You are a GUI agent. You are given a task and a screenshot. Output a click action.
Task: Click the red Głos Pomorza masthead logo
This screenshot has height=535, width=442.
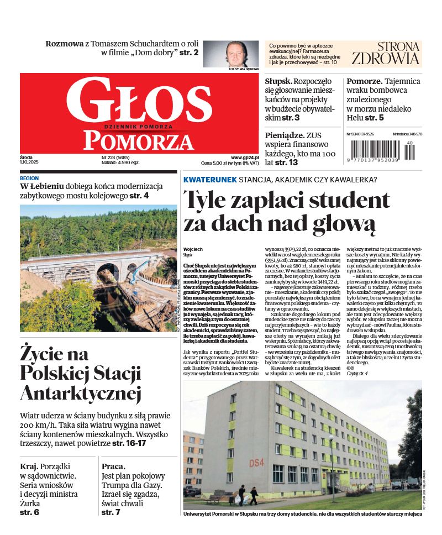coord(139,113)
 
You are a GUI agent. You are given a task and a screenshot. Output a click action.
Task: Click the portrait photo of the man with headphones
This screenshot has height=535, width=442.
coord(242,53)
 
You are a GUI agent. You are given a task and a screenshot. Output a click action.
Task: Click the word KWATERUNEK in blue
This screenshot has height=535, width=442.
coord(210,180)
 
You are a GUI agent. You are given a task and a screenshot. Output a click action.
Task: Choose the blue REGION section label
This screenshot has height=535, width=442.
coord(29,179)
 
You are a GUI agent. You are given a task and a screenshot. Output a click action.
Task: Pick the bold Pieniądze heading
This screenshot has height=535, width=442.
coord(284,135)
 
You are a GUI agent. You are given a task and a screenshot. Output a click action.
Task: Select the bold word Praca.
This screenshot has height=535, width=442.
coord(113,466)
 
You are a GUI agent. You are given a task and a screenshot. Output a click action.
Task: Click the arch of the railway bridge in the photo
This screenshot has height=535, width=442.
coord(108,270)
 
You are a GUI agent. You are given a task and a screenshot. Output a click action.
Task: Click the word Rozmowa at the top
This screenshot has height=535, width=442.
coord(64,44)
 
